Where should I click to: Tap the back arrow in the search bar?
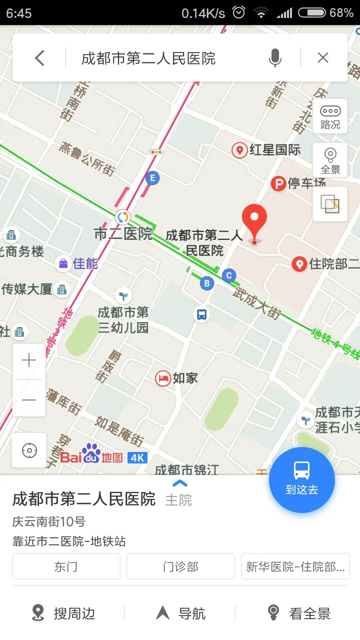click(x=40, y=58)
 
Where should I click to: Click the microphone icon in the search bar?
click(x=274, y=58)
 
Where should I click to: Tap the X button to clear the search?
click(x=323, y=58)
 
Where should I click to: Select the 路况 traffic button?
click(x=330, y=116)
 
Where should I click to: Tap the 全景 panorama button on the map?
click(x=330, y=160)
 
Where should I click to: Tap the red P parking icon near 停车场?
click(x=278, y=183)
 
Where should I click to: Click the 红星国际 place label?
click(x=274, y=149)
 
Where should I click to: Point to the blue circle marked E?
click(x=152, y=177)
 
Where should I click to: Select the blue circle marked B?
click(x=206, y=283)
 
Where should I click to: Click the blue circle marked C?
click(x=229, y=275)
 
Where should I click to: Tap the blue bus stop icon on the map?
click(x=201, y=314)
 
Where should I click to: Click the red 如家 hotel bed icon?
click(x=163, y=378)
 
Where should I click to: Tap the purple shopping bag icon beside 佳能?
click(x=63, y=263)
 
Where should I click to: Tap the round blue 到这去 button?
click(x=301, y=479)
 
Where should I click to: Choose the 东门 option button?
click(x=66, y=566)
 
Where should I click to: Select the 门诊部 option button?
click(x=180, y=566)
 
